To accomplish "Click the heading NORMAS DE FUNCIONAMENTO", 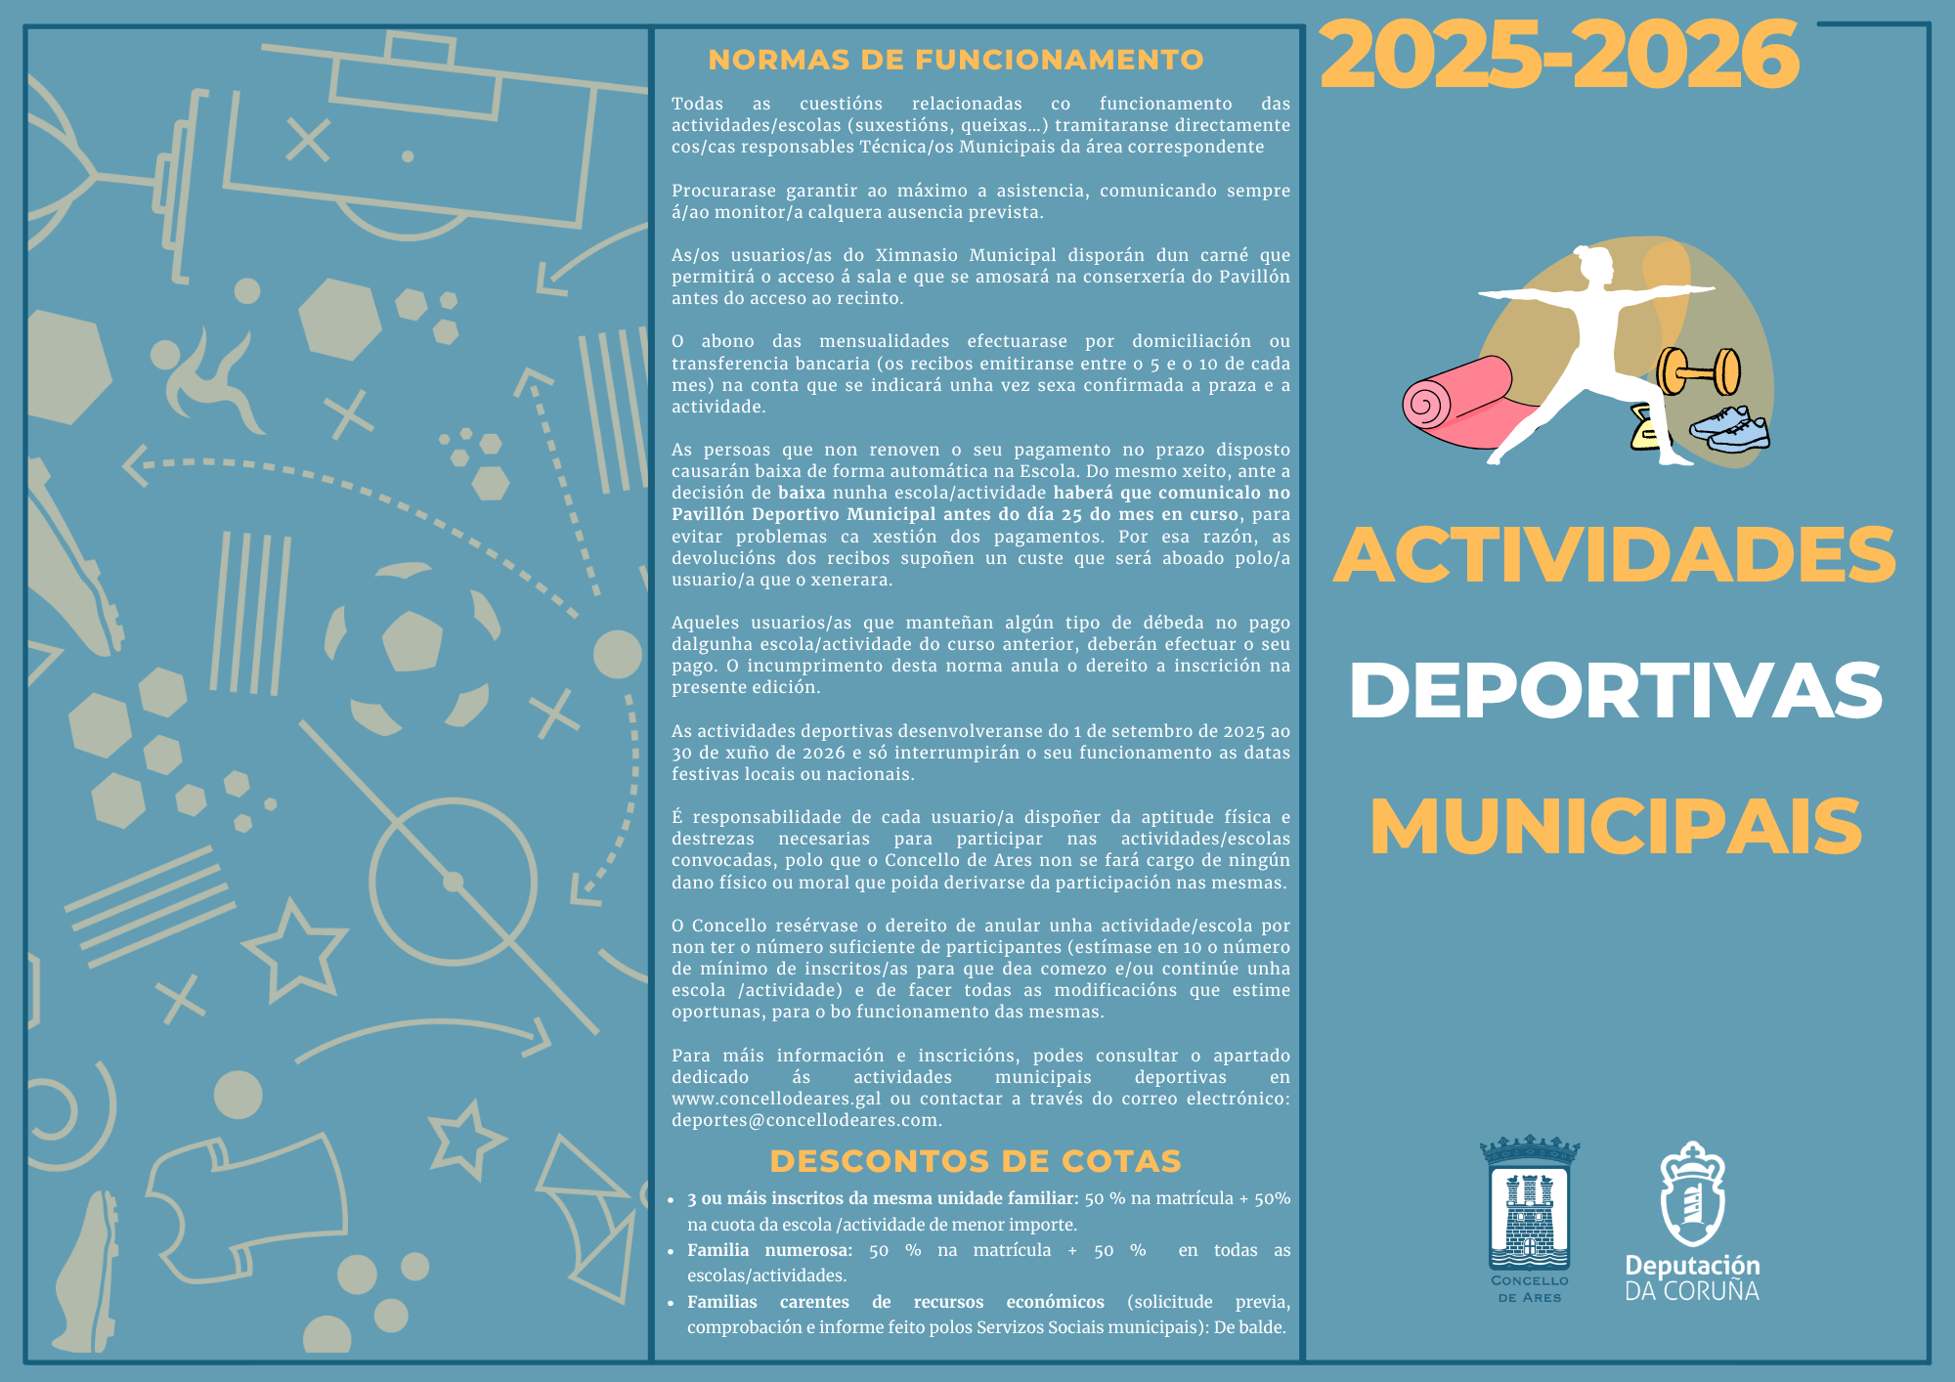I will tap(955, 60).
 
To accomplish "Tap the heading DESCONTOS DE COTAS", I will tap(975, 1161).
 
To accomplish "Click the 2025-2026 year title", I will tap(1559, 56).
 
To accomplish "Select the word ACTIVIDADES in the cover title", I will tap(1614, 555).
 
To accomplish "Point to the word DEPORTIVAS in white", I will tap(1615, 691).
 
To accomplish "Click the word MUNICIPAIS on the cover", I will tap(1615, 827).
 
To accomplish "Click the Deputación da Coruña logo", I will tap(1692, 1222).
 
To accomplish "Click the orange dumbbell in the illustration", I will tap(1699, 372).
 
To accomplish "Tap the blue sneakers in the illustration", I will tap(1731, 429).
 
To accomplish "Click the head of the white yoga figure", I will tap(1594, 264).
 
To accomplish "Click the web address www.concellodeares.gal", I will tap(775, 1099).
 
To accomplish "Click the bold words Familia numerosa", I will tap(769, 1250).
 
